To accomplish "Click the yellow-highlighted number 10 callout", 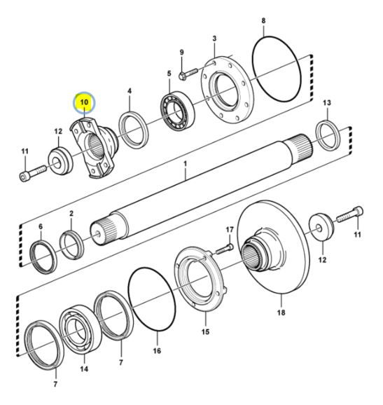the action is point(85,102).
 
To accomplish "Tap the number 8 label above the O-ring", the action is point(263,20).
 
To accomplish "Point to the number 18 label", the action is point(281,313).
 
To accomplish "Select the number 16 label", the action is point(157,351).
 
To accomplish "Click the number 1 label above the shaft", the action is point(185,164).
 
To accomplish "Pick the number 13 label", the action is point(327,103).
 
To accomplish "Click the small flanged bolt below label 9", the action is point(188,73).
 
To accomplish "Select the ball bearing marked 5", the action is point(178,111).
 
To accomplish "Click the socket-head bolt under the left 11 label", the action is point(33,172).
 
